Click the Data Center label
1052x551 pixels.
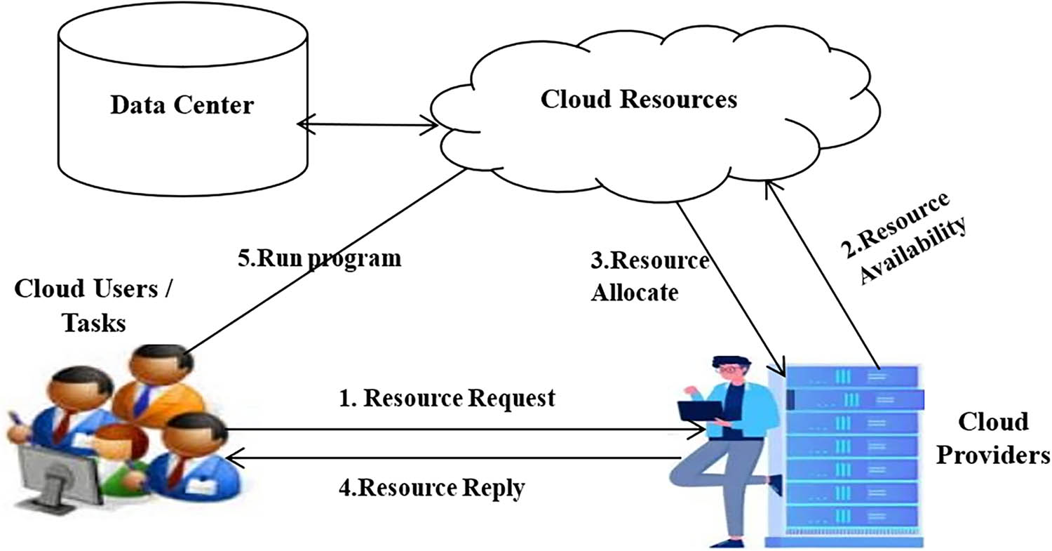point(182,107)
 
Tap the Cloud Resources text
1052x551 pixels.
point(639,99)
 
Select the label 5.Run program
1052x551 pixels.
point(320,258)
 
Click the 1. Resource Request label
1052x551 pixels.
point(447,398)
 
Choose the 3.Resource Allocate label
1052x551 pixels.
point(649,276)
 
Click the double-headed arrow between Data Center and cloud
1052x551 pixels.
point(367,126)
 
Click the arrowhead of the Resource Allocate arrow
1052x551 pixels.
point(779,370)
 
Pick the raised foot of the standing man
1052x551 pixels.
point(775,484)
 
